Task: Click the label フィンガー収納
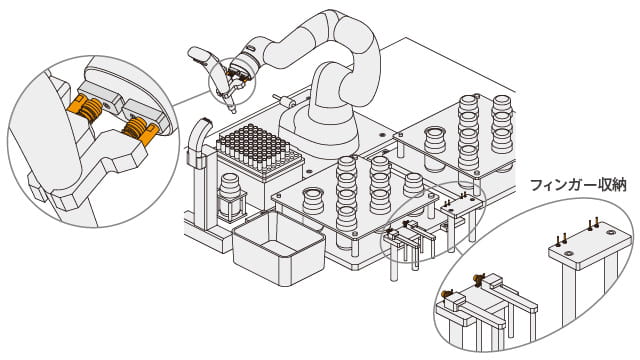[578, 185]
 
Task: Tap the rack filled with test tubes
[260, 151]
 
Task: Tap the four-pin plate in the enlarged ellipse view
[590, 244]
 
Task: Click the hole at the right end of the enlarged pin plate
[611, 232]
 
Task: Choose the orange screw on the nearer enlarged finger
[447, 294]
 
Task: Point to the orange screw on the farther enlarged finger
[480, 278]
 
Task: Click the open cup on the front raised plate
[313, 200]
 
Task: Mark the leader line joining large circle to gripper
[192, 99]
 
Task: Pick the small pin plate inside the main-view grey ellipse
[460, 203]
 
